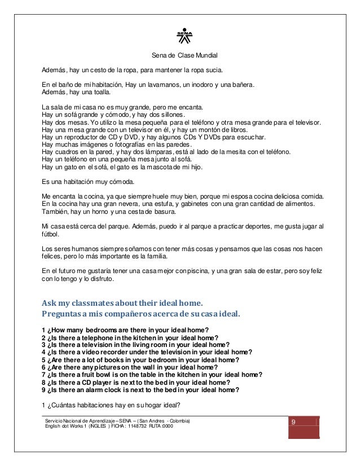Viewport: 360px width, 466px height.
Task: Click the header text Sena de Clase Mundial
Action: [185, 55]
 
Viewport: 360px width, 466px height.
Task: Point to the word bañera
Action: [241, 85]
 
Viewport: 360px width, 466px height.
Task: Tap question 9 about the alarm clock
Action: [140, 389]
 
